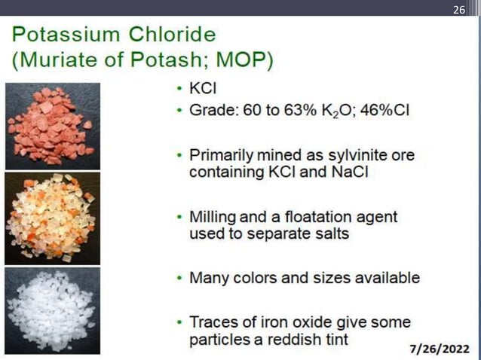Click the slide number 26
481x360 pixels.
(459, 9)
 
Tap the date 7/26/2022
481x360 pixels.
(439, 349)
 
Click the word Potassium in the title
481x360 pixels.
(66, 35)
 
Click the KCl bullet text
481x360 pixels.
(202, 88)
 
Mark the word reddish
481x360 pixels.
(283, 340)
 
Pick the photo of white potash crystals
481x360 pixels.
(53, 310)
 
